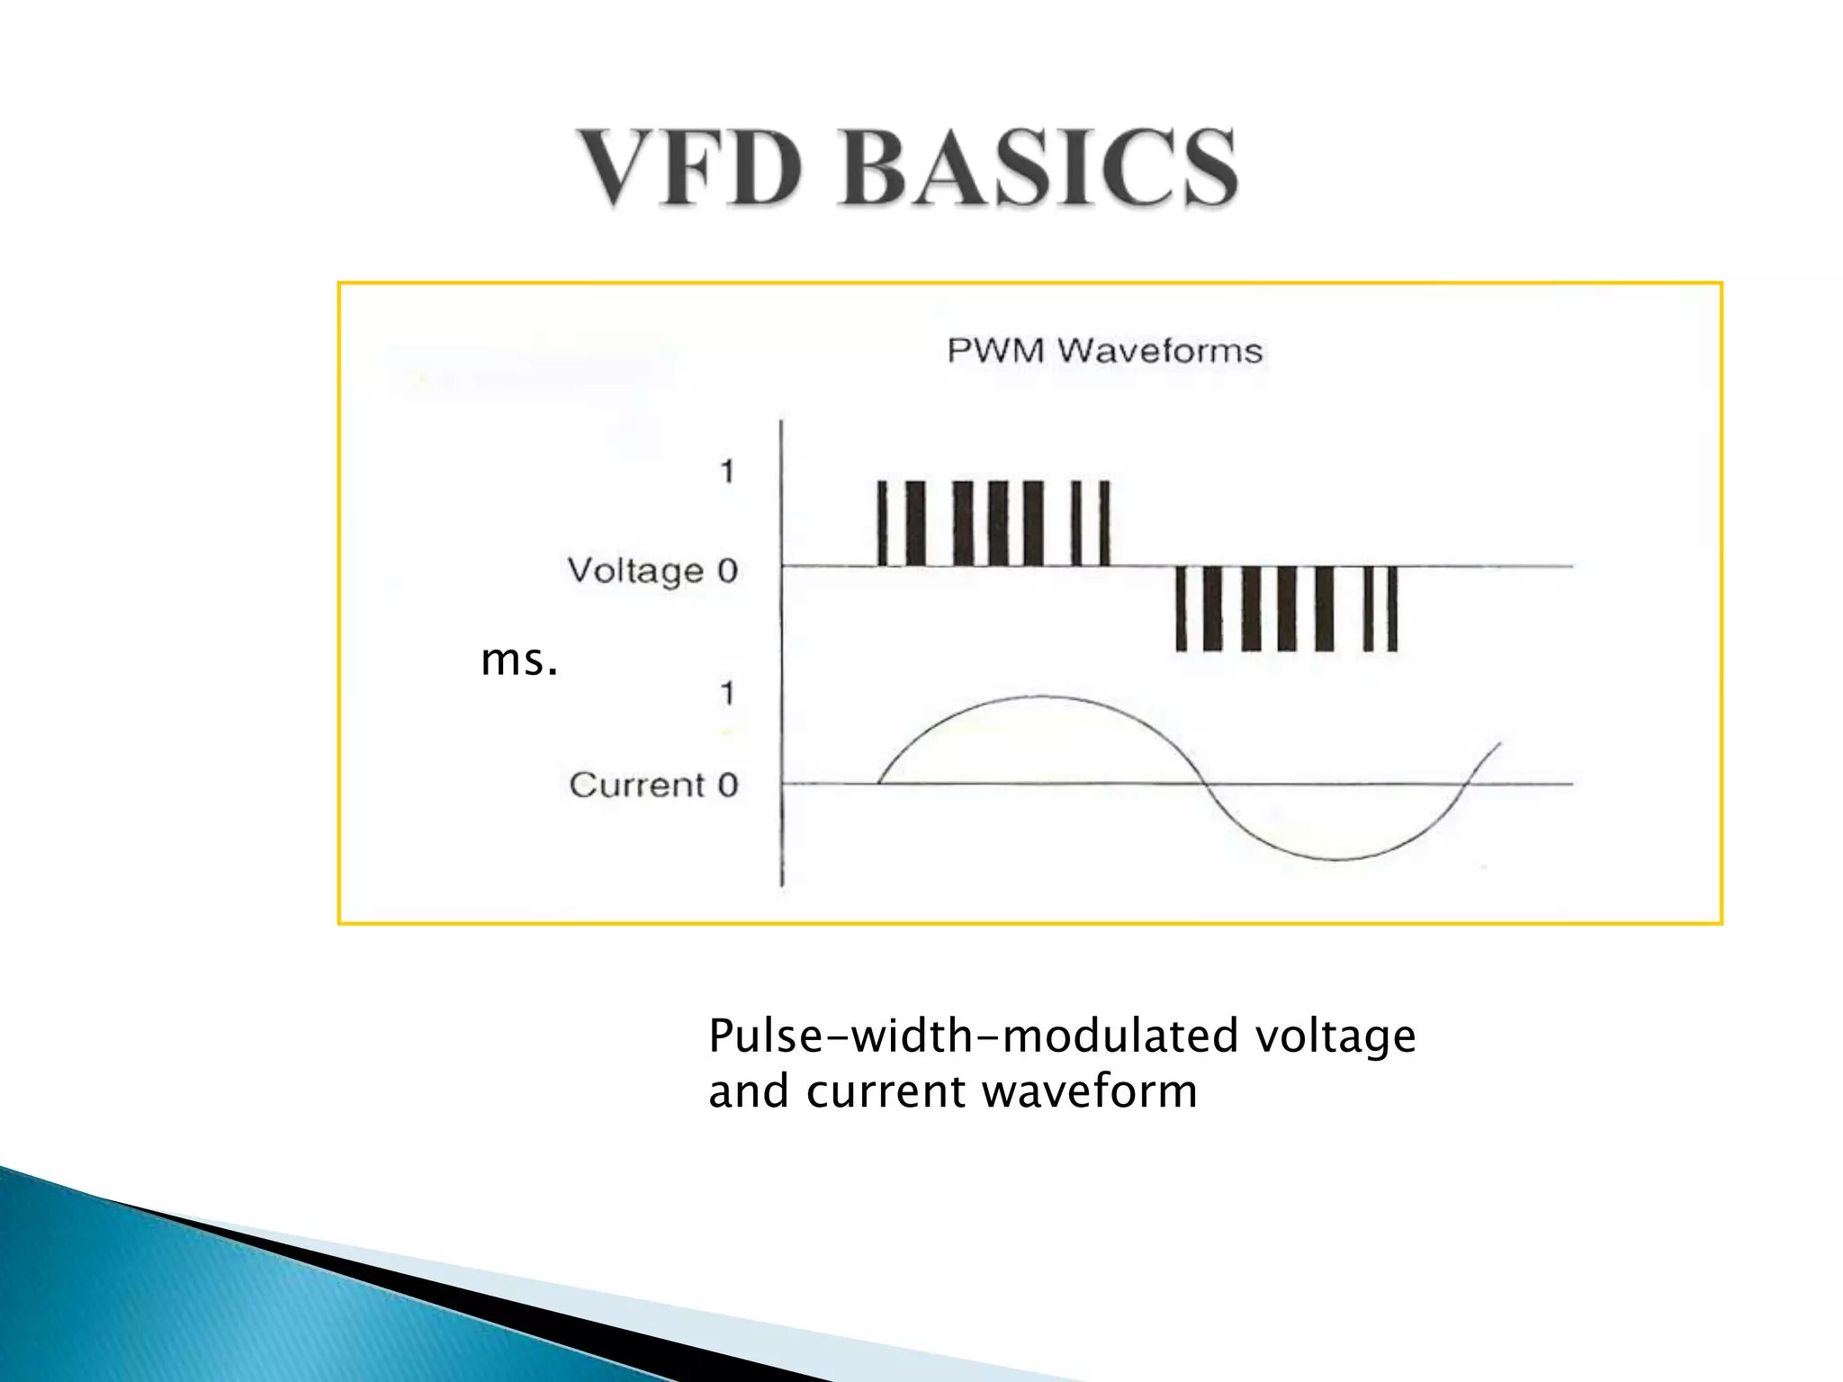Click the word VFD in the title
689,168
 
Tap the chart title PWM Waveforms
1104,350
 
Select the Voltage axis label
635,570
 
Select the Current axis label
636,785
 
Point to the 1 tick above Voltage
727,471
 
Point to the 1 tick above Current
727,693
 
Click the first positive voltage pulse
882,524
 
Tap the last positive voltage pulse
1105,524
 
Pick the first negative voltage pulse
1182,608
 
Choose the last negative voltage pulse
1392,608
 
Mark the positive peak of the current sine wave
1042,697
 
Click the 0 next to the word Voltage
727,570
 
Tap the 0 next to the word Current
728,785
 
